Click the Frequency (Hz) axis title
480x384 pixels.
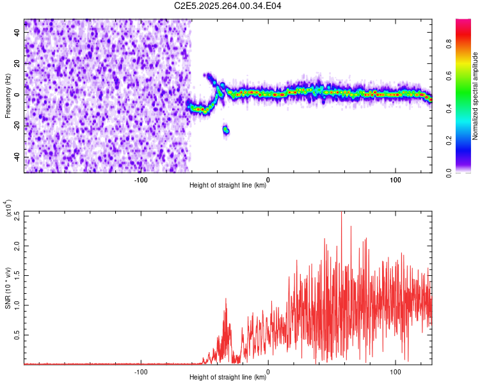click(x=8, y=95)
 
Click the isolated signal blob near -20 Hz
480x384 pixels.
click(x=226, y=131)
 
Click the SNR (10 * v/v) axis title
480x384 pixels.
click(x=8, y=288)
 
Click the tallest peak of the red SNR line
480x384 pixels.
click(x=341, y=214)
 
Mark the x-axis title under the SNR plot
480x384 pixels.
click(x=228, y=378)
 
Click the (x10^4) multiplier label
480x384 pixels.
click(x=8, y=208)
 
